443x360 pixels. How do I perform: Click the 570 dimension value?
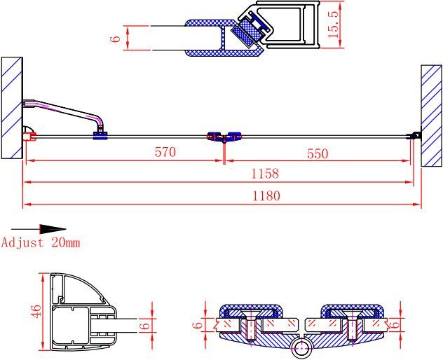coord(165,152)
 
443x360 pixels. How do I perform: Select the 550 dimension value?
coord(317,154)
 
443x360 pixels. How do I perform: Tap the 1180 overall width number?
coord(266,196)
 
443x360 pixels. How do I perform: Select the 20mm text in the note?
coord(65,243)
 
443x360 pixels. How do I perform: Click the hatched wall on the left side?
coord(12,107)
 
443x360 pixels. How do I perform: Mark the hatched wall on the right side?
coord(431,116)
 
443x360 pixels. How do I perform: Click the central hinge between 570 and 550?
coord(224,136)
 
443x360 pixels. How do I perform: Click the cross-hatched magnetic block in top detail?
coord(245,33)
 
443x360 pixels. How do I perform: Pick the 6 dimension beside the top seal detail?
coord(116,38)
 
